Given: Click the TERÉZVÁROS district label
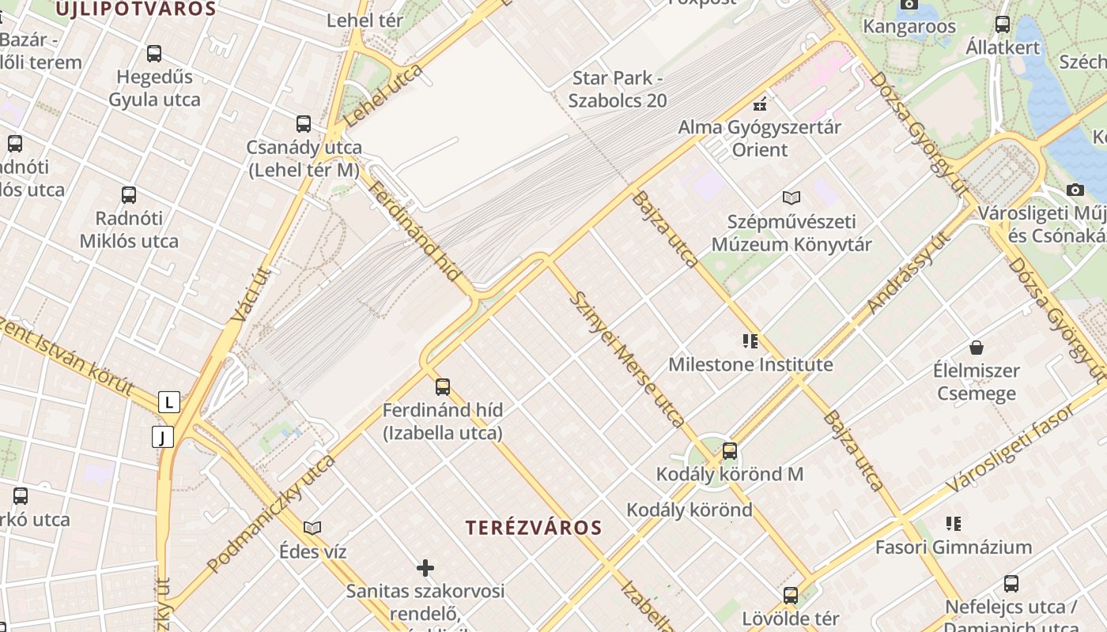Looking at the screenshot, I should (x=534, y=528).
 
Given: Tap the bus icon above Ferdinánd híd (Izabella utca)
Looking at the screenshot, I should (x=443, y=386).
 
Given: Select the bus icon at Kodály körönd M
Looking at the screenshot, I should (x=730, y=451).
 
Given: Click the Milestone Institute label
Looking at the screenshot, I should (x=750, y=365).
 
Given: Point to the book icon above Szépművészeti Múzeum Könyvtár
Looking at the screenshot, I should (x=792, y=197).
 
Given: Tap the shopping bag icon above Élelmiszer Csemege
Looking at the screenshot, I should (x=977, y=347).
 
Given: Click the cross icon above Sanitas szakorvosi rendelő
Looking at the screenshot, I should (x=425, y=567).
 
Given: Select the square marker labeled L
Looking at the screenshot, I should (x=168, y=402).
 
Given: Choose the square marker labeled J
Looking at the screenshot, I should (x=163, y=437).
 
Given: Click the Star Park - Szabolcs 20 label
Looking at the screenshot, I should (x=618, y=89).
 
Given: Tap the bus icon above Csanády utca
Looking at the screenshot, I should (x=304, y=123).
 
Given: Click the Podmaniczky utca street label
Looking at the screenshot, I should (x=271, y=513).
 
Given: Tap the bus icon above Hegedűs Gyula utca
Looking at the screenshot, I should (x=154, y=54).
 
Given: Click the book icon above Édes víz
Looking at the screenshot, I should (x=312, y=528).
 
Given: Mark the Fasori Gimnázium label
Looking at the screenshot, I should (x=953, y=547).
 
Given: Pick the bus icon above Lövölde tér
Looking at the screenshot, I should (x=791, y=596).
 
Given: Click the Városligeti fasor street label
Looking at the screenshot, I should (x=1013, y=447).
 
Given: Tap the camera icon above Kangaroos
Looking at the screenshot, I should (x=909, y=4).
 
